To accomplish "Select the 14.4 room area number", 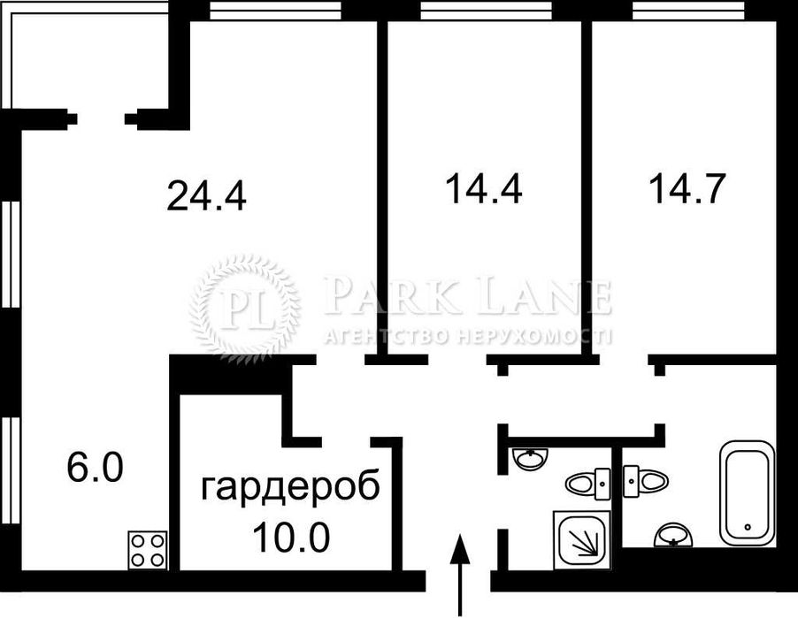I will point(482,189).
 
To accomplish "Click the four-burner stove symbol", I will point(148,547).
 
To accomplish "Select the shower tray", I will point(582,538).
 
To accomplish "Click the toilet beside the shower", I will point(586,483).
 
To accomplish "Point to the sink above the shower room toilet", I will point(531,459).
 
